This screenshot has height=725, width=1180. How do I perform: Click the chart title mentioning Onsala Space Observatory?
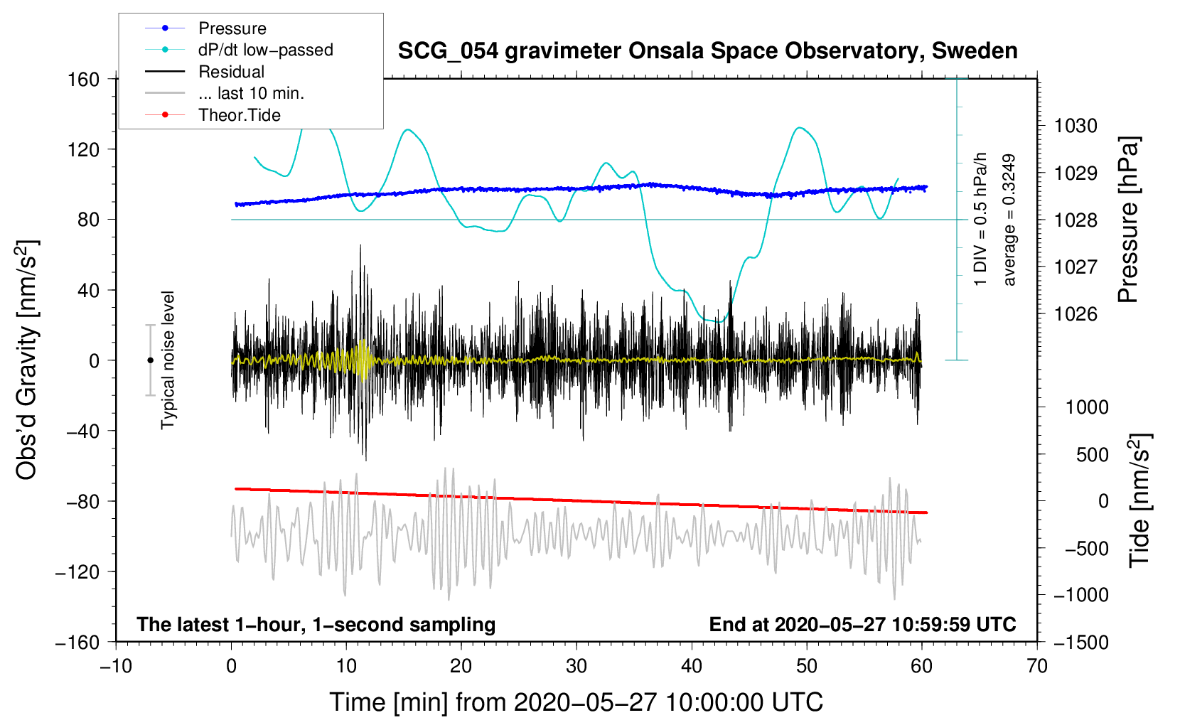coord(707,51)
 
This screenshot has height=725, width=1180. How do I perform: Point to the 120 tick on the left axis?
coord(84,149)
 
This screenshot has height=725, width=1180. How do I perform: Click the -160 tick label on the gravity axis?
coord(77,642)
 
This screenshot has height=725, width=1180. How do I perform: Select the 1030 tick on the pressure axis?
coord(1076,126)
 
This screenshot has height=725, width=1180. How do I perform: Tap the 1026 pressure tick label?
coord(1076,314)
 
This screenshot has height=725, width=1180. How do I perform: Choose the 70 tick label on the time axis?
coord(1037,666)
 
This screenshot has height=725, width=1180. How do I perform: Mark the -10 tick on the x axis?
coord(116,666)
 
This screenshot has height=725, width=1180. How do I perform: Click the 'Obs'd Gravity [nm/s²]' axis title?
coord(27,360)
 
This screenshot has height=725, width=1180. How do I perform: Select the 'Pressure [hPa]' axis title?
coord(1128,220)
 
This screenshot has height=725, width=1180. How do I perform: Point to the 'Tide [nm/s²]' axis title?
coord(1139,500)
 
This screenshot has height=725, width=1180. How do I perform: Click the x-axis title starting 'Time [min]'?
coord(576,702)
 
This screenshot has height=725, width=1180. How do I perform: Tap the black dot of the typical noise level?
coord(150,360)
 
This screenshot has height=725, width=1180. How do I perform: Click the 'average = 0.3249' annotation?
coord(1009,220)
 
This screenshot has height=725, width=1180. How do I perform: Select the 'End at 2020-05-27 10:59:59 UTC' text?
coord(862,625)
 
